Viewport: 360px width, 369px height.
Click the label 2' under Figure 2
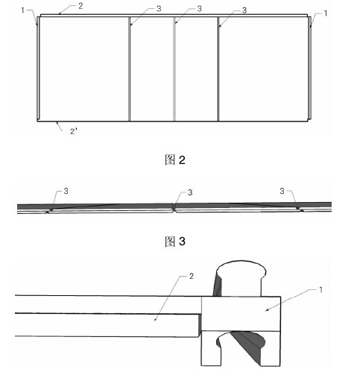pos(74,131)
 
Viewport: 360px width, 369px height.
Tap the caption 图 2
pos(175,160)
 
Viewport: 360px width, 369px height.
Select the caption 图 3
pos(175,242)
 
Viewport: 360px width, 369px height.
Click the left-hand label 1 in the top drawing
pos(23,10)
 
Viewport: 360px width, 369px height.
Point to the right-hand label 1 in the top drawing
pos(326,13)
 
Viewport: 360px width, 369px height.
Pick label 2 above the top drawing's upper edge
pos(80,6)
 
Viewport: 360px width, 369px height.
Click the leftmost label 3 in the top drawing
pos(159,9)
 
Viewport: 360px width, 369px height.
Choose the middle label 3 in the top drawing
pos(199,9)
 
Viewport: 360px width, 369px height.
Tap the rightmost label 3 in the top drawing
pos(244,10)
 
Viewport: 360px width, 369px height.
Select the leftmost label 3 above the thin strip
pos(66,191)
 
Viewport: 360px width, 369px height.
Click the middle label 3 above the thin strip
pos(190,192)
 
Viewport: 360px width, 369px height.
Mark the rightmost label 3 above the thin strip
pos(282,191)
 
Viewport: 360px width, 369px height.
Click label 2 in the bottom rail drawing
pos(192,276)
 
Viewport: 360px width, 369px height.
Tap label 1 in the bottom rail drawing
pos(320,290)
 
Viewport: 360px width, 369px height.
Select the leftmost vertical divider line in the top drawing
pos(130,69)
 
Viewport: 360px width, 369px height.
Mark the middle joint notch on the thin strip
pos(174,208)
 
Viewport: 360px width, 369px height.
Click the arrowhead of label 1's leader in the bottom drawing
pos(267,309)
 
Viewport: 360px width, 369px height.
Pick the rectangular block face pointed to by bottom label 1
pos(241,314)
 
